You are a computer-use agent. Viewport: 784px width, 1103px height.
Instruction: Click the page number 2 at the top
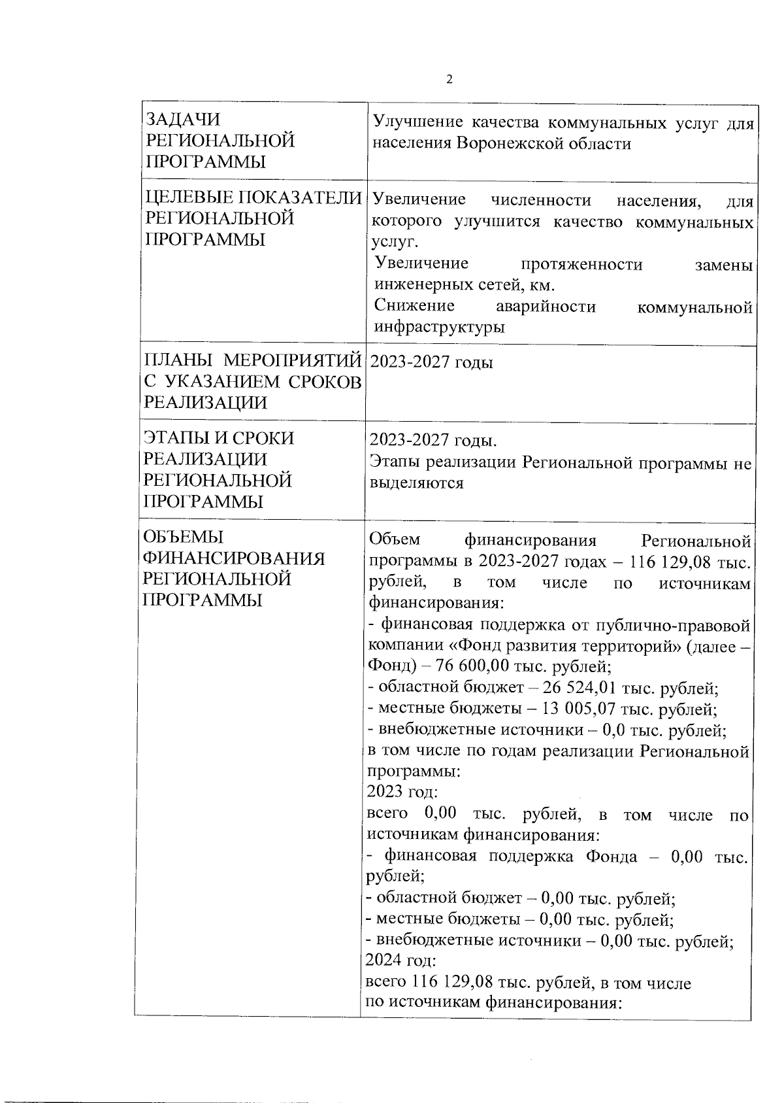pos(449,80)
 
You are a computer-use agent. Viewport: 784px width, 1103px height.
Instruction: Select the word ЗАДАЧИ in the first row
pos(183,120)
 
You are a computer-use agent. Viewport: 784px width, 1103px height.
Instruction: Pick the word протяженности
pos(581,264)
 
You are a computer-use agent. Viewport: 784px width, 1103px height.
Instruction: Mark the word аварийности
pos(546,307)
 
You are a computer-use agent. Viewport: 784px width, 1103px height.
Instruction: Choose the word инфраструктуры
pos(439,328)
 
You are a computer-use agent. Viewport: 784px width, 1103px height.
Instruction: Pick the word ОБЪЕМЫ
pos(184,537)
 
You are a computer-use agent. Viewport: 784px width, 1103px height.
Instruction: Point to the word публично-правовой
pos(672,626)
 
